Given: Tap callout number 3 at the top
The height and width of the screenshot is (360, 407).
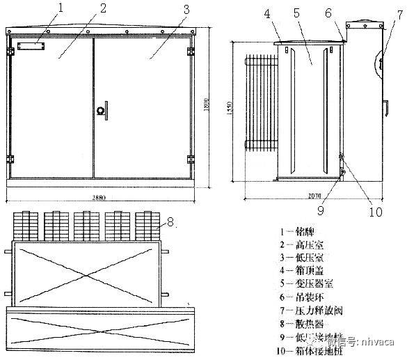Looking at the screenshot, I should point(185,9).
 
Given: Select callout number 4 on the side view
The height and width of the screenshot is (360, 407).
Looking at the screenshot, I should point(267,13).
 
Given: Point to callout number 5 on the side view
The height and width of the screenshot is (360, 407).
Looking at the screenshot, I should point(296,13).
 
